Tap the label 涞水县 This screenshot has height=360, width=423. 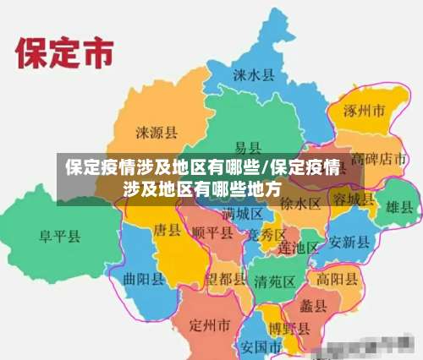point(254,74)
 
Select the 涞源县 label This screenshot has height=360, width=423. point(157,132)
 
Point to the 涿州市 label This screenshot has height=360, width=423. point(364,111)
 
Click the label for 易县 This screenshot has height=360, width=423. point(248,147)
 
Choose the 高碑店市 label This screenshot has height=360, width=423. point(380,159)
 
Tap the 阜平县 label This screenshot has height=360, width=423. point(59,236)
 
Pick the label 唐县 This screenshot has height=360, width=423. point(168,229)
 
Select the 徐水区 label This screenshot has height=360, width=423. point(300,204)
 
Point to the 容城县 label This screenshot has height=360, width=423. point(352,199)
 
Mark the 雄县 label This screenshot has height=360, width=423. point(399,206)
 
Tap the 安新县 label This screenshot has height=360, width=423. point(350,242)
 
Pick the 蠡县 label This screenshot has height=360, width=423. point(313,305)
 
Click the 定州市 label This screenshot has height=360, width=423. point(210,325)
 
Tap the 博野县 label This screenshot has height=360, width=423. point(288,328)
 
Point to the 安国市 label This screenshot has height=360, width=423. point(261,346)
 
